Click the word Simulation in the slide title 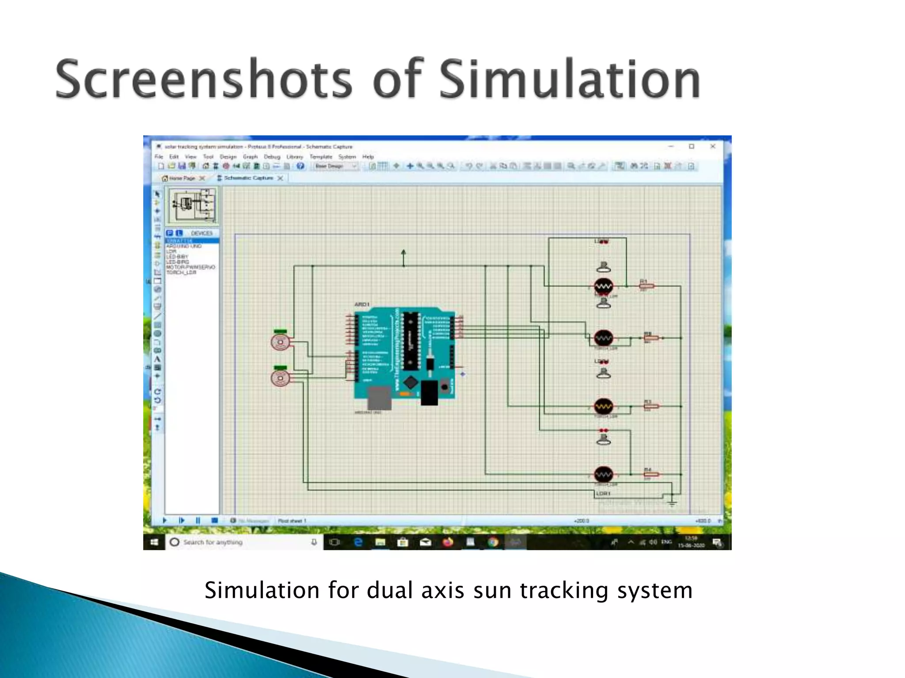(x=570, y=79)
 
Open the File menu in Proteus (x=159, y=157)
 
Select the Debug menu (x=272, y=157)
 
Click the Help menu (x=368, y=157)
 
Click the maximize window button (x=692, y=147)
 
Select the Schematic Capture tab (x=248, y=178)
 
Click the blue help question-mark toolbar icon (x=300, y=166)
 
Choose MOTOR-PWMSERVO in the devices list (x=190, y=267)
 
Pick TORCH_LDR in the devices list (x=181, y=272)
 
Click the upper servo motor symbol (x=280, y=342)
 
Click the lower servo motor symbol (x=280, y=378)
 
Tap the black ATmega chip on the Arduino (x=411, y=340)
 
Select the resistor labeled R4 (x=651, y=475)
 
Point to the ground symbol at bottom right (x=672, y=502)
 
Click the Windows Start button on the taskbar (x=154, y=542)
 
